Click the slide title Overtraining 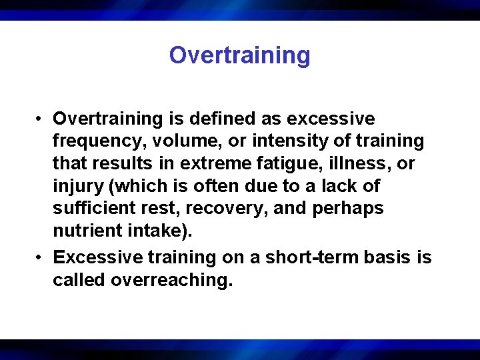(239, 55)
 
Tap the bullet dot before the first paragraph (41, 119)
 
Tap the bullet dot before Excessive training (41, 258)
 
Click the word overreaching (171, 281)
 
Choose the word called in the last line (79, 281)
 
